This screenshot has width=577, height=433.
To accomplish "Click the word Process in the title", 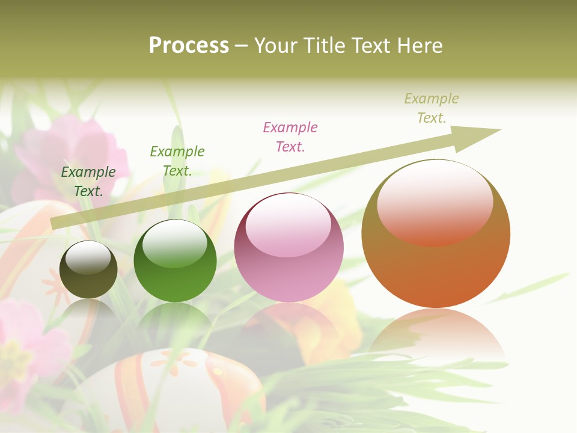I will pos(189,46).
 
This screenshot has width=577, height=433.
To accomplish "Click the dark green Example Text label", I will pos(88,182).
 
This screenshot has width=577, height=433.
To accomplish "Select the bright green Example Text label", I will pos(177,161).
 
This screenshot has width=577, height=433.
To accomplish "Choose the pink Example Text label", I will pos(290,137).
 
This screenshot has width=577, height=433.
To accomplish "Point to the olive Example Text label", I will pos(432,108).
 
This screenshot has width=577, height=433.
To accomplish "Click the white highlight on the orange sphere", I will pos(435,201).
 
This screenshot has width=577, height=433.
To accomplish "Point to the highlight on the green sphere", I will pos(175,243).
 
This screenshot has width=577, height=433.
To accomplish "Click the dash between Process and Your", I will pos(242,46).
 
